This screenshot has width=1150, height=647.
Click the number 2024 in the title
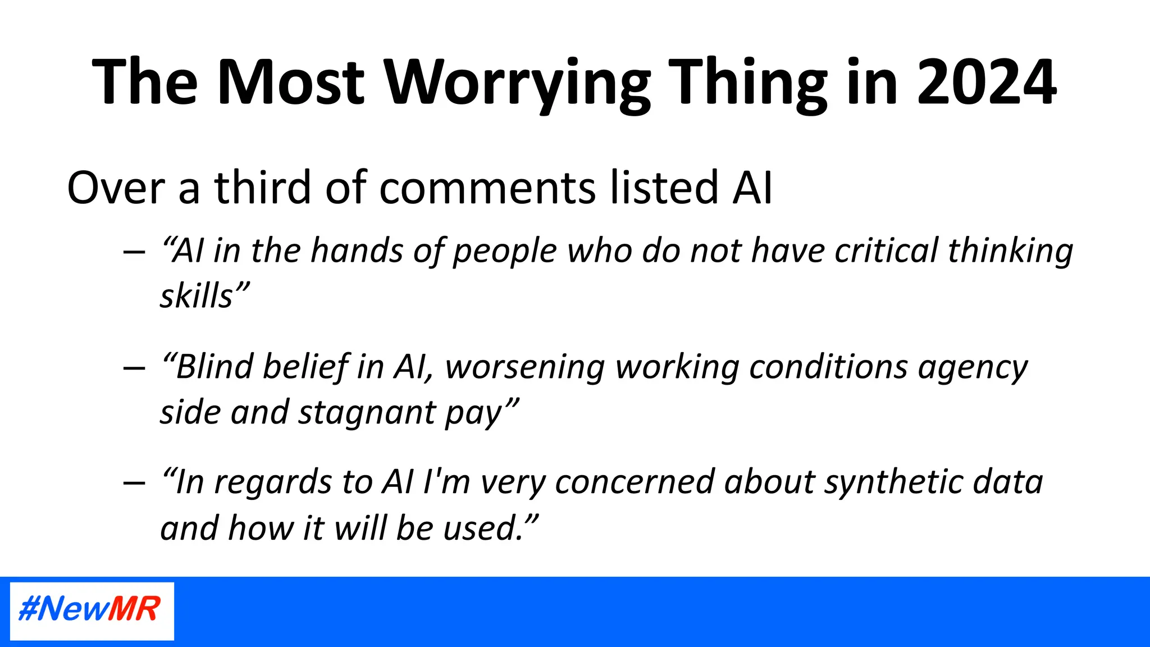[x=987, y=83]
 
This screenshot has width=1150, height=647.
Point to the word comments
[x=487, y=188]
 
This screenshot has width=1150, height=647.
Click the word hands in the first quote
[x=357, y=250]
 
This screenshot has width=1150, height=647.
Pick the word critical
[x=886, y=250]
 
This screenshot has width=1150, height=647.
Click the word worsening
[x=525, y=367]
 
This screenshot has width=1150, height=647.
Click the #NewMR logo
[x=92, y=610]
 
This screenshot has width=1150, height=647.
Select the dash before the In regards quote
[x=134, y=483]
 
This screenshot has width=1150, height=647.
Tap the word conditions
[x=828, y=367]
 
